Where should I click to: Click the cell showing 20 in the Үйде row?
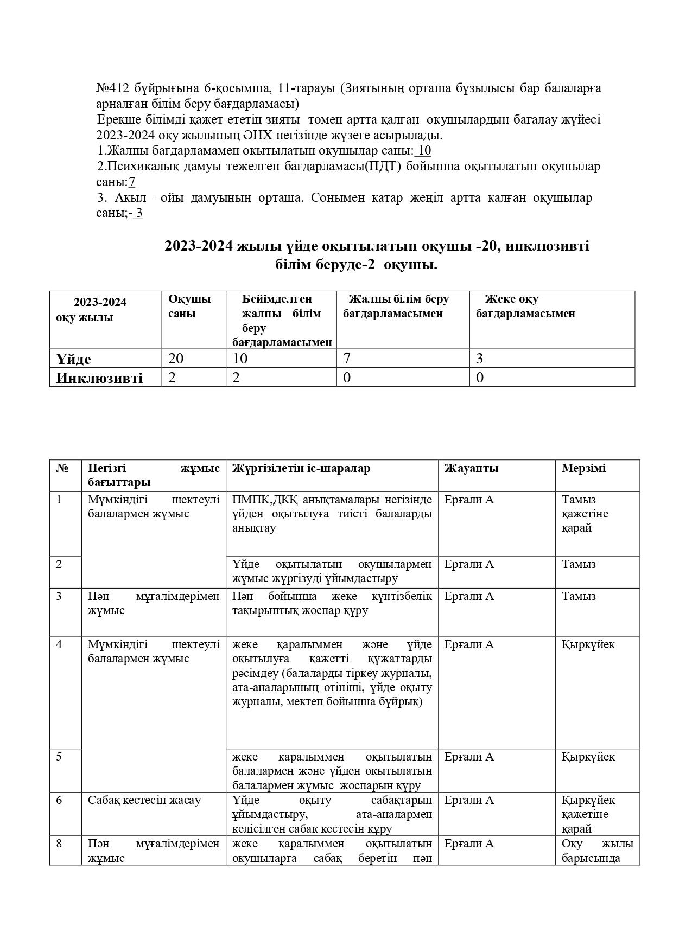pyautogui.click(x=176, y=359)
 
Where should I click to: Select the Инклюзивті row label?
pyautogui.click(x=99, y=378)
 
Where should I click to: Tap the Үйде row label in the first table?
pyautogui.click(x=74, y=359)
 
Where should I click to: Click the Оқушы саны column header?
pyautogui.click(x=189, y=306)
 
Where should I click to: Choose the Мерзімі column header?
pyautogui.click(x=583, y=468)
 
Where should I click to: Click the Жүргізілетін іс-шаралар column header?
pyautogui.click(x=301, y=468)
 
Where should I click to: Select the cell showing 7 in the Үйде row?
pyautogui.click(x=347, y=359)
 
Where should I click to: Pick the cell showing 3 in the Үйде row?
pyautogui.click(x=480, y=359)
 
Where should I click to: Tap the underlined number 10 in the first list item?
pyautogui.click(x=425, y=151)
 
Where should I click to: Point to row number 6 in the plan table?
pyautogui.click(x=59, y=800)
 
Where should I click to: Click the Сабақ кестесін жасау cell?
pyautogui.click(x=144, y=800)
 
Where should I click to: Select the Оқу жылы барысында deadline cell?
pyautogui.click(x=597, y=851)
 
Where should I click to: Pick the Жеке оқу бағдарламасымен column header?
pyautogui.click(x=525, y=306)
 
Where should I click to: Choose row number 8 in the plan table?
pyautogui.click(x=59, y=844)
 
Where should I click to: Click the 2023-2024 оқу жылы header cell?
pyautogui.click(x=100, y=310)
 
